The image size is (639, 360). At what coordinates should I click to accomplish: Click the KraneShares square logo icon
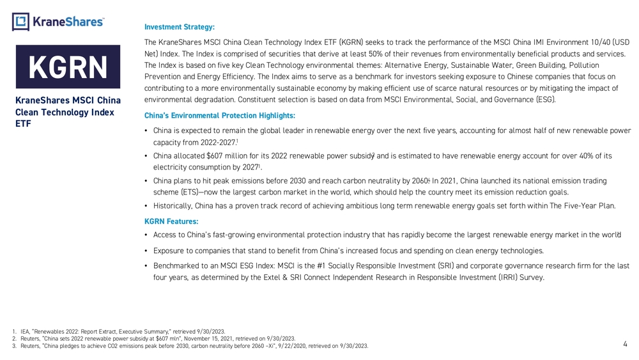click(20, 22)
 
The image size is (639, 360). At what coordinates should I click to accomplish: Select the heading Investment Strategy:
click(179, 27)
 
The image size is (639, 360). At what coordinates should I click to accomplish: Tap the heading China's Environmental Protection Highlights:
click(220, 115)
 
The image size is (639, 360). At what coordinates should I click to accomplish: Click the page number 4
click(624, 344)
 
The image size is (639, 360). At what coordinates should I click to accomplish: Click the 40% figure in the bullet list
click(574, 156)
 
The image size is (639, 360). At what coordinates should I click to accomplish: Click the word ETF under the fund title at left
click(22, 124)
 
